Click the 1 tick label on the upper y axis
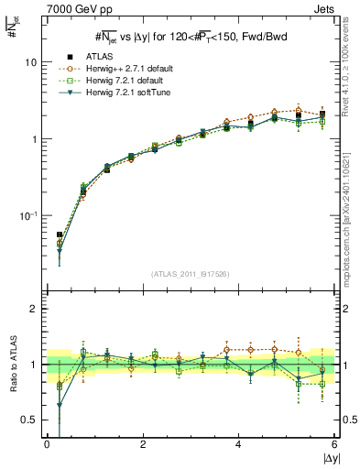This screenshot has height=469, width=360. tap(35, 139)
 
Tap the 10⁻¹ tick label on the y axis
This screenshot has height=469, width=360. tap(30, 215)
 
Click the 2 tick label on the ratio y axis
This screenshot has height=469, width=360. tap(35, 309)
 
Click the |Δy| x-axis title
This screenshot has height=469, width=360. tap(327, 457)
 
